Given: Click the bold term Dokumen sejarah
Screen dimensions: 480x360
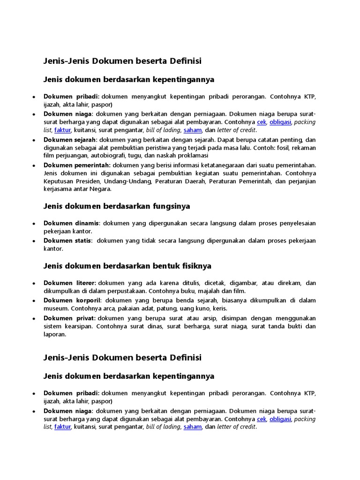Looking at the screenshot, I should [x=70, y=140].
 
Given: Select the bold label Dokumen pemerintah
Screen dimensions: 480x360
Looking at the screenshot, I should [x=77, y=165].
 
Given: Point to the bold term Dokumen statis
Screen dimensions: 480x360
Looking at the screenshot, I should [x=67, y=240].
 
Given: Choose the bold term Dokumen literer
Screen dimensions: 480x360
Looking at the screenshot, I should [x=69, y=283].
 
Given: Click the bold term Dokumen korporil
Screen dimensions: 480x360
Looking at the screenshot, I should [x=72, y=300].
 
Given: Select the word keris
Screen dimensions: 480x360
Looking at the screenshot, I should [x=220, y=308].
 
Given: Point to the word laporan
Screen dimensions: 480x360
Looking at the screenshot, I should [x=55, y=335].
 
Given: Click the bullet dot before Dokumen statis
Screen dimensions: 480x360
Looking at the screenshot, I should [x=34, y=241].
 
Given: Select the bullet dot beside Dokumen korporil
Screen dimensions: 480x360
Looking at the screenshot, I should [x=34, y=301].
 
